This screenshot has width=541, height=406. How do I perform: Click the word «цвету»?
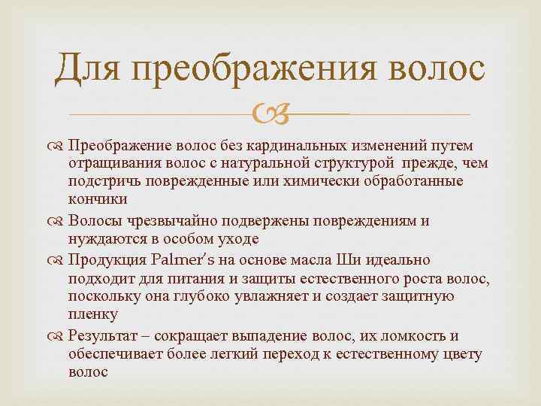point(463,353)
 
